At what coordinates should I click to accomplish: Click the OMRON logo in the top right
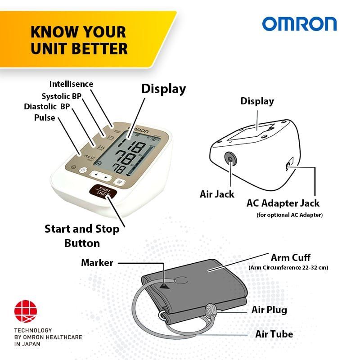tap(299, 24)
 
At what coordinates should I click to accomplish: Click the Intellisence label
tap(71, 84)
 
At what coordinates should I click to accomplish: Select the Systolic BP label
tap(61, 96)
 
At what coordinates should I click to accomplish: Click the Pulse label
tap(45, 118)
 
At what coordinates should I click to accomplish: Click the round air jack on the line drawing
tap(230, 158)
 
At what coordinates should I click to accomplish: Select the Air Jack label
tap(217, 194)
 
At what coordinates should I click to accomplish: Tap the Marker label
tap(97, 262)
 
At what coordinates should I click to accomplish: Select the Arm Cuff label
tap(290, 258)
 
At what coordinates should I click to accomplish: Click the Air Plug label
tap(269, 310)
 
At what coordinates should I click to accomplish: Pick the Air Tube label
tap(274, 334)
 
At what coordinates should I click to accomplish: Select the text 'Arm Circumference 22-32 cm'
tap(288, 268)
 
